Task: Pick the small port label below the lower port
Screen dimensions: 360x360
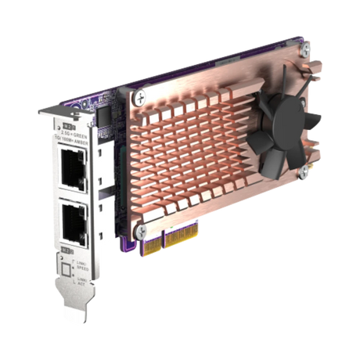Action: [x=68, y=249]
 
